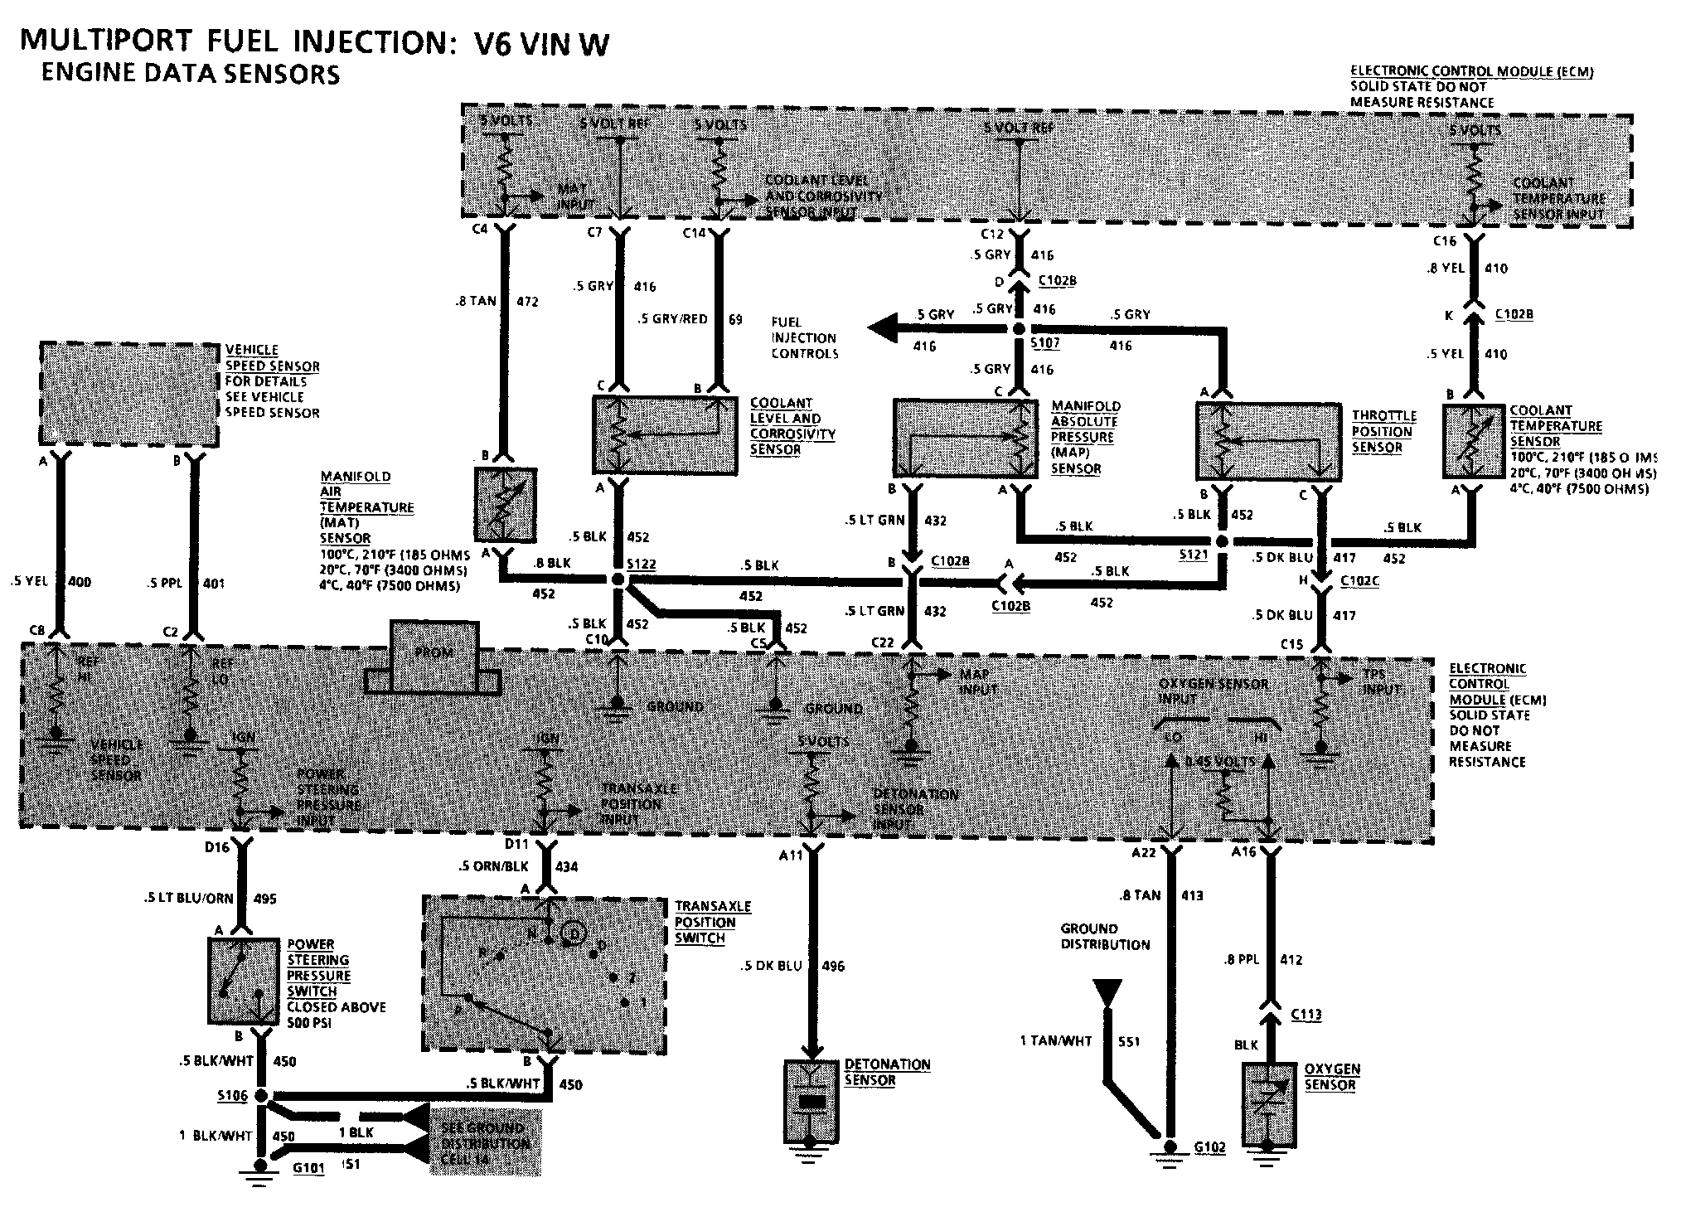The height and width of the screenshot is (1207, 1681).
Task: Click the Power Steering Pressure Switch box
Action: (242, 980)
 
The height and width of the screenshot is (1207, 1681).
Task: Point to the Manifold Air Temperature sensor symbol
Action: (505, 505)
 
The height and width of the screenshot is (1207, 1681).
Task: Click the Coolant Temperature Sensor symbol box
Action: (1473, 441)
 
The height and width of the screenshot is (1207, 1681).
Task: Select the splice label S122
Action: (641, 565)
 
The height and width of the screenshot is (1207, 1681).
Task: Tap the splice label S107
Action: (1044, 342)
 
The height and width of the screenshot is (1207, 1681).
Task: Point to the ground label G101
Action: (308, 1166)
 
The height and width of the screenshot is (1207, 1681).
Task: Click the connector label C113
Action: (1306, 1015)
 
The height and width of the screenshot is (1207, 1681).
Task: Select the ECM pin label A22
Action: (1145, 852)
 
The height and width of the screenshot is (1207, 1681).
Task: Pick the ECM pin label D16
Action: (217, 847)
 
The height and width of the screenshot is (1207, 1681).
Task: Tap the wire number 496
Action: (833, 966)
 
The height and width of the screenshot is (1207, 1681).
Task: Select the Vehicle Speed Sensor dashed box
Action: (128, 393)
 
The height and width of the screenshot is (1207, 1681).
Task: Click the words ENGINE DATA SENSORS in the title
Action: (190, 74)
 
